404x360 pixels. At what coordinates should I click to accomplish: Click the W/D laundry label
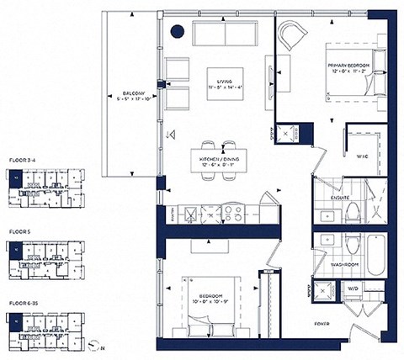(353, 289)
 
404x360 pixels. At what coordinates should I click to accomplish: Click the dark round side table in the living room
(178, 32)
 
